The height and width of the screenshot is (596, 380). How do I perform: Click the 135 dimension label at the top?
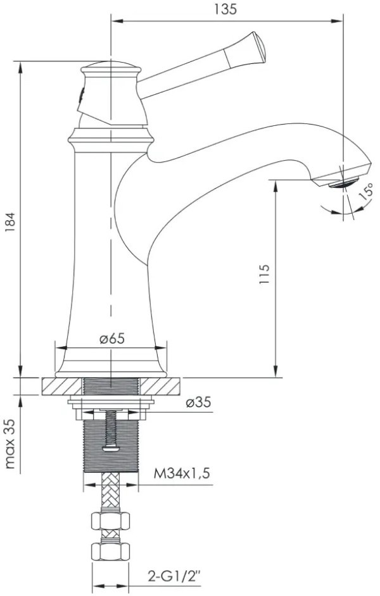click(225, 9)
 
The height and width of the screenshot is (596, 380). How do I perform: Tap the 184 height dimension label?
click(10, 222)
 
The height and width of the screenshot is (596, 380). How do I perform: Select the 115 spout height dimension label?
click(264, 274)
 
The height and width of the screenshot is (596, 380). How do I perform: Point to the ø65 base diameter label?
click(112, 338)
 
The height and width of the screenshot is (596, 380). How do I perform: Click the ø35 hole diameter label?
click(199, 402)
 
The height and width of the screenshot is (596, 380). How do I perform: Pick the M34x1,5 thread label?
click(182, 474)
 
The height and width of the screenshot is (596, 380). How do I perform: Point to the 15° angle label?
click(365, 192)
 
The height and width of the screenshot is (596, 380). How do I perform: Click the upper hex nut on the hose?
click(110, 521)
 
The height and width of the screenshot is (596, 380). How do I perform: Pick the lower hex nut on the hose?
click(110, 551)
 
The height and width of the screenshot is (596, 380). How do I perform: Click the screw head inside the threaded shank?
click(111, 449)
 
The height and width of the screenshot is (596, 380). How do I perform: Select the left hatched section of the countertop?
click(61, 386)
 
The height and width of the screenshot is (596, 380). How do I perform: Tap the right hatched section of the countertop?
click(160, 386)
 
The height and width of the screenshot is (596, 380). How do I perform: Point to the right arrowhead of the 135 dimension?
click(337, 21)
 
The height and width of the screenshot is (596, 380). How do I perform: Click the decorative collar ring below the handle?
click(111, 140)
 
